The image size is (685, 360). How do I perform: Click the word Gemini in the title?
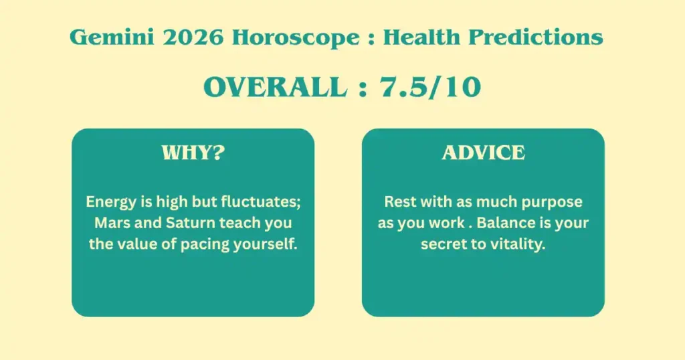point(112,37)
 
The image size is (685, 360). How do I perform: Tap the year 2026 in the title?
point(193,37)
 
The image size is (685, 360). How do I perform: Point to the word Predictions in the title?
point(536,37)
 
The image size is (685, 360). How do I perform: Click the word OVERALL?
point(276,87)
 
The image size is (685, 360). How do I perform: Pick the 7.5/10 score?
point(430,87)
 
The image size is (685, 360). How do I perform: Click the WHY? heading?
point(193,153)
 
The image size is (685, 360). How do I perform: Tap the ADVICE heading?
point(483,153)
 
